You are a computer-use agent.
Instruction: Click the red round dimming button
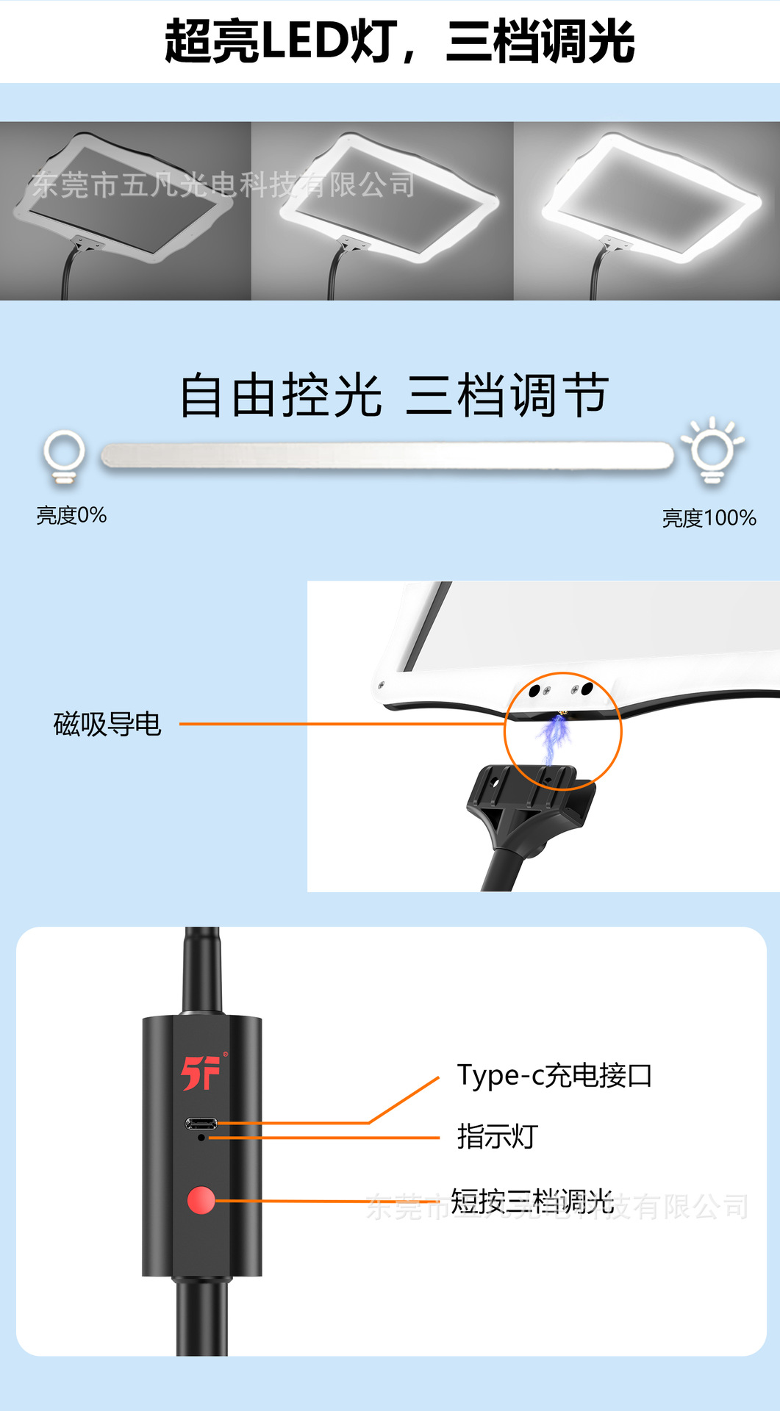(x=201, y=1200)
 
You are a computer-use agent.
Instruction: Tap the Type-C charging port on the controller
(x=201, y=1124)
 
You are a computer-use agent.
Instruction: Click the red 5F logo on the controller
(x=201, y=1073)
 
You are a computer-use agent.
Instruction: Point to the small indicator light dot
(x=201, y=1138)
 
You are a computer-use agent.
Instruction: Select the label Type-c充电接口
(x=554, y=1075)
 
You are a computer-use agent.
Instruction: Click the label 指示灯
(x=498, y=1136)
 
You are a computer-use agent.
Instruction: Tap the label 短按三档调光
(x=532, y=1201)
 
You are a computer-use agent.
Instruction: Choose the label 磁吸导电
(x=107, y=724)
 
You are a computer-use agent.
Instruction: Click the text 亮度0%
(x=71, y=515)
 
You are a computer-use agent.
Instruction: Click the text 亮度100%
(x=709, y=518)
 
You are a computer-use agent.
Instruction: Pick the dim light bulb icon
(x=65, y=456)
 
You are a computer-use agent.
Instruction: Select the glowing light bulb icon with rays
(x=712, y=450)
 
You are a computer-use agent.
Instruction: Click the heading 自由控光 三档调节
(x=394, y=395)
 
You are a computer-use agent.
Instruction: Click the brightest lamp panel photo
(x=647, y=211)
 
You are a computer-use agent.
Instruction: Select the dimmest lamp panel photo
(x=125, y=211)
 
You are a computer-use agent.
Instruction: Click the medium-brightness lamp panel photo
(x=382, y=211)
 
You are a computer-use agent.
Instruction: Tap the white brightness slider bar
(x=387, y=456)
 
